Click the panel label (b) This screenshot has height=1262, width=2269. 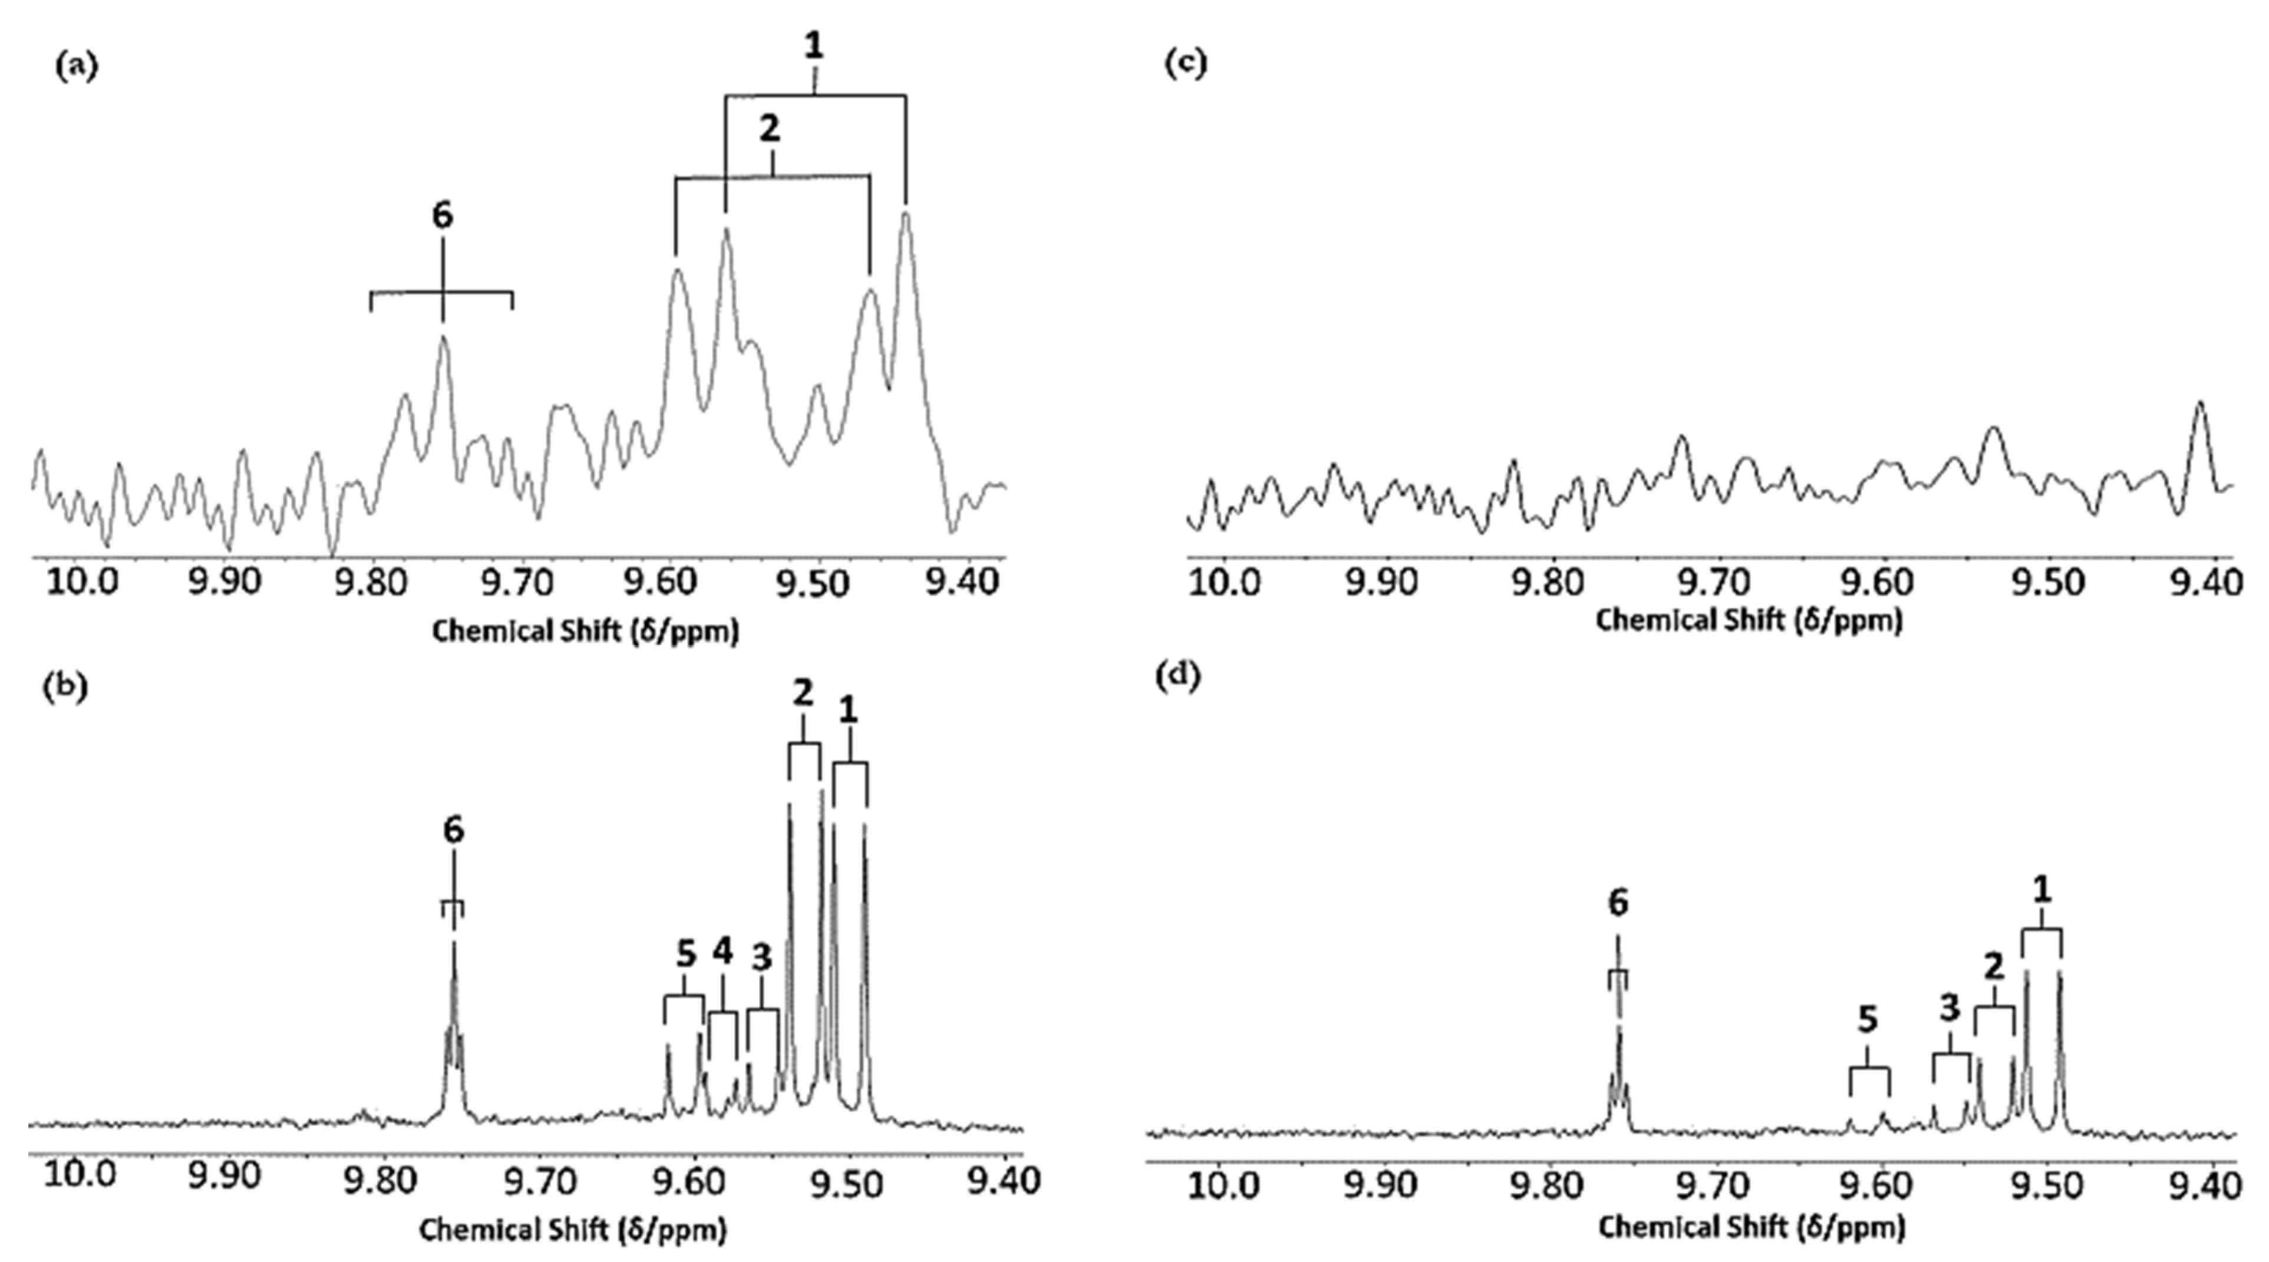click(65, 688)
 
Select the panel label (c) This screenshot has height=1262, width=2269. click(1185, 64)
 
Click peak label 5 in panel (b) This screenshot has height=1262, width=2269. click(686, 954)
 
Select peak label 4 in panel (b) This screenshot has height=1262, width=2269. click(723, 951)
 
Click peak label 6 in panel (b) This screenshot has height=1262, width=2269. click(453, 831)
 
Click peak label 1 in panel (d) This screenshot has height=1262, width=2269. click(2042, 890)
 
